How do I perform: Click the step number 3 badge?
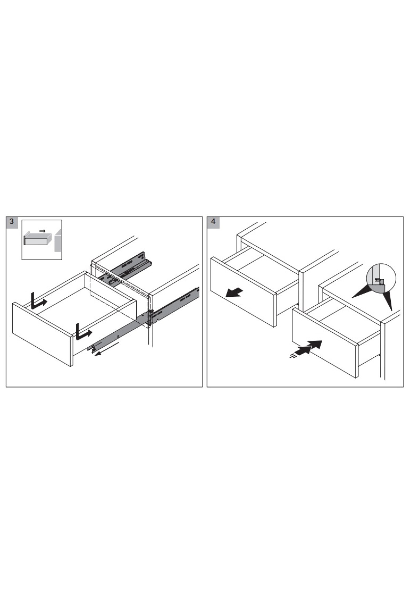point(12,221)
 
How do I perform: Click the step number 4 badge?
point(213,221)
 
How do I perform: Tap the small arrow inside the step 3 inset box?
point(42,231)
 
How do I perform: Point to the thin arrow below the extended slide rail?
point(107,350)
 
